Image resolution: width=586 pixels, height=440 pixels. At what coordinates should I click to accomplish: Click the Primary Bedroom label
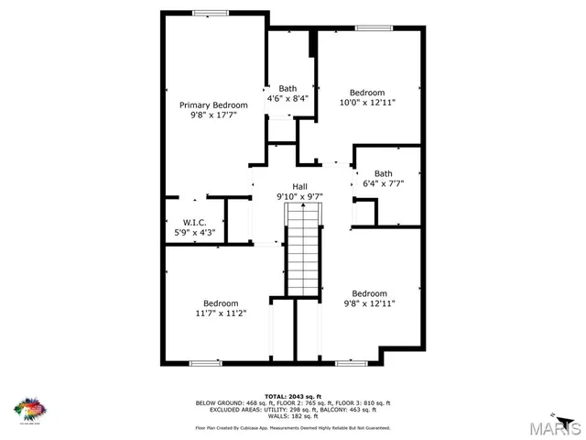(x=212, y=105)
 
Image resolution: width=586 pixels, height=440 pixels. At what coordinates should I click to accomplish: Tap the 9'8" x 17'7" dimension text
(x=212, y=116)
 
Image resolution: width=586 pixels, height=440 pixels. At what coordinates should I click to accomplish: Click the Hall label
(x=299, y=185)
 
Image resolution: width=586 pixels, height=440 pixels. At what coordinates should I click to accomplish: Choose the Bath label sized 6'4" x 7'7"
(x=383, y=173)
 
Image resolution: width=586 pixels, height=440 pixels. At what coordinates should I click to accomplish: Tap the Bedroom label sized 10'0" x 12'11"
(x=367, y=93)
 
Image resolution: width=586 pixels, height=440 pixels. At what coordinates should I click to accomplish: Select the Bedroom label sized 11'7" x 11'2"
(x=221, y=302)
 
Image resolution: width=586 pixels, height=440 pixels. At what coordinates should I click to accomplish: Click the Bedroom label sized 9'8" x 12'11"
(x=369, y=293)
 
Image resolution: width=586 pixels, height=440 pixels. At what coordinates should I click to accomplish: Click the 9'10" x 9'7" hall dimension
(x=299, y=196)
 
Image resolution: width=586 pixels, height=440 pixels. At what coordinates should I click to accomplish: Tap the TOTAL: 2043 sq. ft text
(x=293, y=394)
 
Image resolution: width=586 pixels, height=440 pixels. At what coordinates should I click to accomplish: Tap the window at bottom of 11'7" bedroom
(x=205, y=363)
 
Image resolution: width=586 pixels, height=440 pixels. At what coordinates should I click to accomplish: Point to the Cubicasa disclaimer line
(x=293, y=428)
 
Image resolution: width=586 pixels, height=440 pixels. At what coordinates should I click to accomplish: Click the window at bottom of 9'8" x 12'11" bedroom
(x=352, y=363)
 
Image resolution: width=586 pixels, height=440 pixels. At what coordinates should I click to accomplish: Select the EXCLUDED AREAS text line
(x=293, y=409)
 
